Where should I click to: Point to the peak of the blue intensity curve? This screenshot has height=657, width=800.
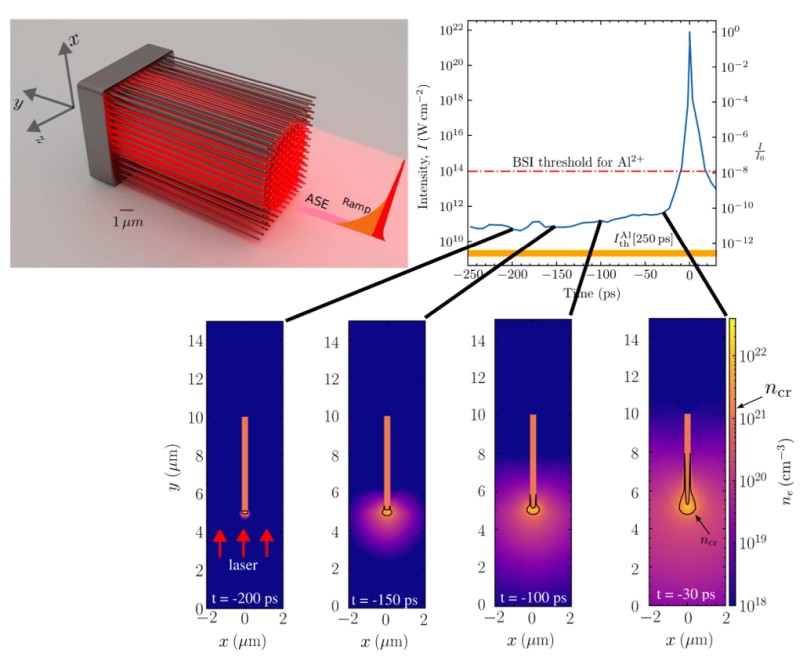tap(688, 33)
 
